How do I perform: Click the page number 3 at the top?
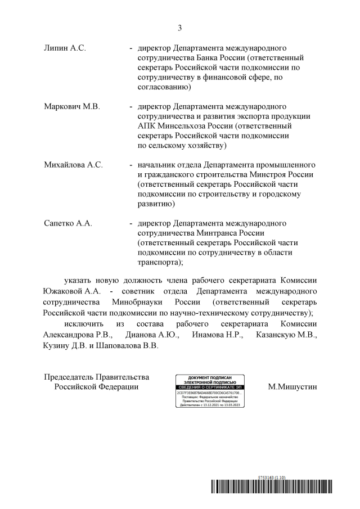[x=180, y=28]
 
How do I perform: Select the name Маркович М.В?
[x=71, y=107]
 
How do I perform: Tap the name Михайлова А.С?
[x=73, y=165]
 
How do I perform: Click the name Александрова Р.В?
[x=78, y=335]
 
